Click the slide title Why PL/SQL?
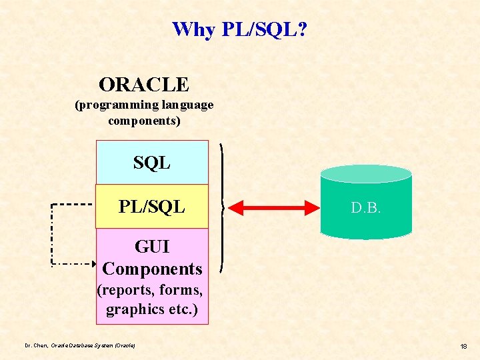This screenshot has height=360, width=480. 239,29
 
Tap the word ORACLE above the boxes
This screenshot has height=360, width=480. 144,85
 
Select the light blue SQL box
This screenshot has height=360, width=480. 152,162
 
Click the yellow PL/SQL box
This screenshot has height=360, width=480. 152,207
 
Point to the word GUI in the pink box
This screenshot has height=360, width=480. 152,247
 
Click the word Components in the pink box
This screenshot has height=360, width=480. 152,269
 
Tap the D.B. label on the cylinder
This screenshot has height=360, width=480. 366,208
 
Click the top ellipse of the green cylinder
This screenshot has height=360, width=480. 366,173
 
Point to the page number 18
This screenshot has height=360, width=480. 463,346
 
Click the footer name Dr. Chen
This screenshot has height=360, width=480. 36,345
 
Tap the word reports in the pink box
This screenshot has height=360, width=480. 125,291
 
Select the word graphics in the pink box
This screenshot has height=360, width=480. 131,309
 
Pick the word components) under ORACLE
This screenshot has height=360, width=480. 144,121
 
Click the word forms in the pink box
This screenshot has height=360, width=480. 180,291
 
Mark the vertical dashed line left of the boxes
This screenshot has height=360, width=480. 53,233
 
